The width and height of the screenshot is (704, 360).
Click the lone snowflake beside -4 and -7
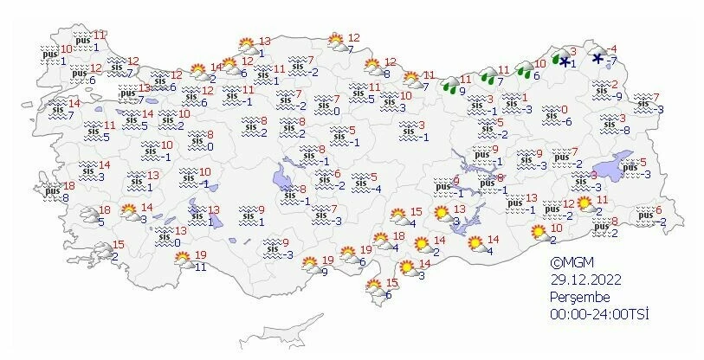click(x=597, y=58)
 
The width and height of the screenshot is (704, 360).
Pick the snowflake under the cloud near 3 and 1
click(x=565, y=63)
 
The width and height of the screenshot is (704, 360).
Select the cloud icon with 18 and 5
click(x=89, y=215)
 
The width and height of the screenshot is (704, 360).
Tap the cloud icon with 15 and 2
click(x=101, y=251)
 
